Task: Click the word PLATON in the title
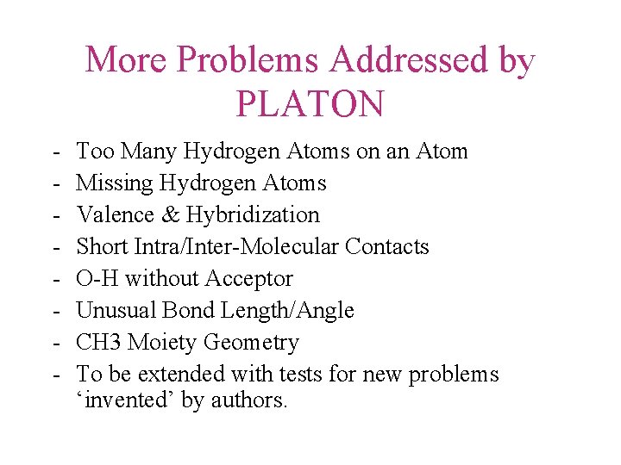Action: [310, 104]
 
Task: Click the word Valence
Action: [110, 215]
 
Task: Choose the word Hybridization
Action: [253, 215]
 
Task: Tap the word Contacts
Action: [387, 247]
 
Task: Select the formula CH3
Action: [99, 343]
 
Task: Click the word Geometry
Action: [252, 343]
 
